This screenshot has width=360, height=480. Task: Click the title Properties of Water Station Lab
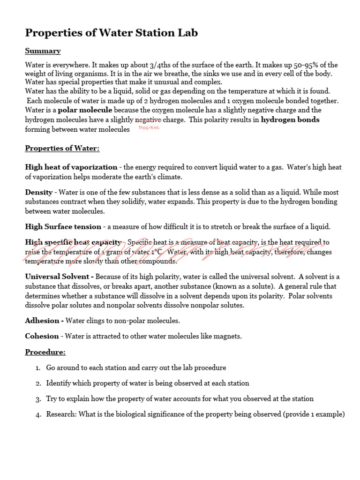pyautogui.click(x=112, y=33)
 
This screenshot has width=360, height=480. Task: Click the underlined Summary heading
pyautogui.click(x=43, y=51)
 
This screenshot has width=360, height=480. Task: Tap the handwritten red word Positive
pyautogui.click(x=150, y=127)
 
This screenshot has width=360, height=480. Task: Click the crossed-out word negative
pyautogui.click(x=149, y=120)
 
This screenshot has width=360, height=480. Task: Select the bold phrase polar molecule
pyautogui.click(x=85, y=110)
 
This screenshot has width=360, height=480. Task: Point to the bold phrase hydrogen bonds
pyautogui.click(x=290, y=120)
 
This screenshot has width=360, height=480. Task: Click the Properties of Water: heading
pyautogui.click(x=62, y=149)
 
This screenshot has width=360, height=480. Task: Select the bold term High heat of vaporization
pyautogui.click(x=71, y=167)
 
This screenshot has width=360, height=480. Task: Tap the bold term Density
pyautogui.click(x=39, y=192)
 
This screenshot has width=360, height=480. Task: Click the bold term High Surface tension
pyautogui.click(x=63, y=226)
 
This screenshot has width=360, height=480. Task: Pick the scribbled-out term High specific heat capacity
pyautogui.click(x=74, y=242)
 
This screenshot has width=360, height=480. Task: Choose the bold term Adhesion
pyautogui.click(x=44, y=321)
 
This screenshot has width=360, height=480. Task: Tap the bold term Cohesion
pyautogui.click(x=42, y=336)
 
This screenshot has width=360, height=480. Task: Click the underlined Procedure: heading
pyautogui.click(x=45, y=352)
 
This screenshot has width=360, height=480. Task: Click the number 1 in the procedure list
pyautogui.click(x=38, y=368)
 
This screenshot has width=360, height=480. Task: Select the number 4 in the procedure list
pyautogui.click(x=38, y=414)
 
